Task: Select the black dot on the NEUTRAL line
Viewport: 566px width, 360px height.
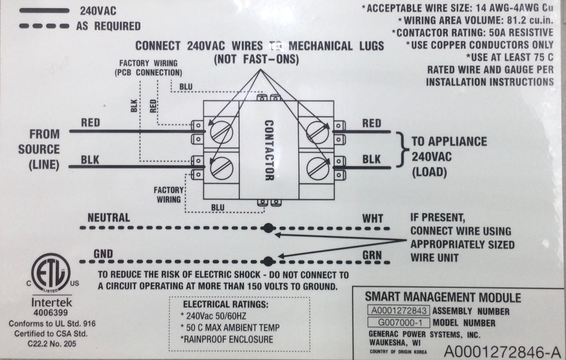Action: pyautogui.click(x=269, y=228)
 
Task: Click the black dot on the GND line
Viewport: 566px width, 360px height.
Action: pyautogui.click(x=269, y=260)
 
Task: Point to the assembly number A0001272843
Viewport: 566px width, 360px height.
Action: pyautogui.click(x=399, y=311)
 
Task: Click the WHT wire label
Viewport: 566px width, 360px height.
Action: pyautogui.click(x=372, y=218)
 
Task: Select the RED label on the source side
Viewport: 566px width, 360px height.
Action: pyautogui.click(x=91, y=122)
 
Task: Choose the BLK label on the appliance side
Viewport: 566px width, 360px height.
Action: pyautogui.click(x=371, y=159)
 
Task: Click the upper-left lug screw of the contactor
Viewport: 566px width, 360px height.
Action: pyautogui.click(x=222, y=132)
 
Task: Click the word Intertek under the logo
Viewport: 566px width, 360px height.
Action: pyautogui.click(x=50, y=303)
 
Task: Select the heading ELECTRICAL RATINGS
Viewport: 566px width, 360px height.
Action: pyautogui.click(x=225, y=304)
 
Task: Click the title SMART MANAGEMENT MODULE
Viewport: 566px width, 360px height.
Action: pyautogui.click(x=443, y=298)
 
